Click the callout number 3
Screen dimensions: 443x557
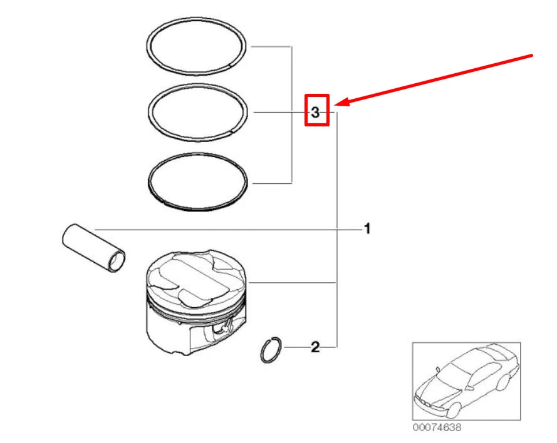[316, 113]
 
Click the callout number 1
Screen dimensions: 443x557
[367, 229]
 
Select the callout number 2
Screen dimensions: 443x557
[315, 346]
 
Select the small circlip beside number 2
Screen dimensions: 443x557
[270, 349]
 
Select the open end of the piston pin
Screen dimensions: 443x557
[117, 262]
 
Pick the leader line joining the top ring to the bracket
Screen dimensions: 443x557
[269, 46]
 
